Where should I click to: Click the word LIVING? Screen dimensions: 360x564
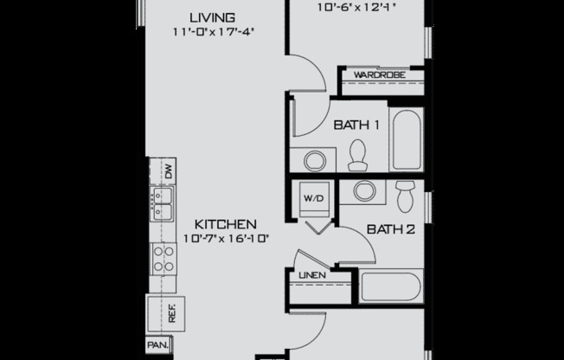pyautogui.click(x=213, y=17)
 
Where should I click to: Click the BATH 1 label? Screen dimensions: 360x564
pyautogui.click(x=357, y=125)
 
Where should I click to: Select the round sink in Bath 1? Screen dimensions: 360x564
pyautogui.click(x=312, y=160)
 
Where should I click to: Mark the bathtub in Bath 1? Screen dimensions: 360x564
pyautogui.click(x=405, y=141)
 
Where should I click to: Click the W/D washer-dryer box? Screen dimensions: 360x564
pyautogui.click(x=312, y=198)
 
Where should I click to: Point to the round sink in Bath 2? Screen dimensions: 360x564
pyautogui.click(x=364, y=192)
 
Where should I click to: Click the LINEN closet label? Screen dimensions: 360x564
pyautogui.click(x=311, y=275)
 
